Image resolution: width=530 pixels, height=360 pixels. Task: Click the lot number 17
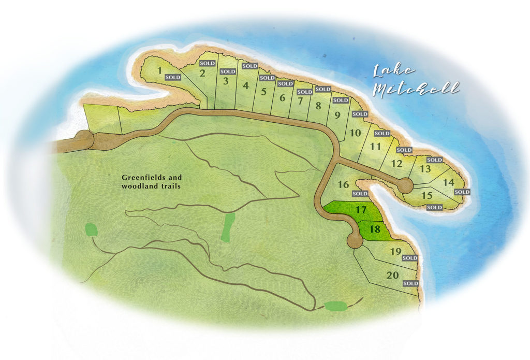[361, 210]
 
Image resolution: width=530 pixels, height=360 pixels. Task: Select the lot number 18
[375, 229]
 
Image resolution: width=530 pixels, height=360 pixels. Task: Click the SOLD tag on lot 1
[172, 77]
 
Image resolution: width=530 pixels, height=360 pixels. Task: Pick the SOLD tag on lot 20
[410, 283]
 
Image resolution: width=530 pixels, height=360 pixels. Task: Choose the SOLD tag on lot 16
[360, 194]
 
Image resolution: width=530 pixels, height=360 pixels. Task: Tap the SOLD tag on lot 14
[462, 192]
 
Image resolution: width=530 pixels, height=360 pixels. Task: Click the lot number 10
[355, 133]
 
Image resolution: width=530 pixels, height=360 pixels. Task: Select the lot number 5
[263, 92]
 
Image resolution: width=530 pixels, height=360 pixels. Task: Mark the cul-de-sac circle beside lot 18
[355, 240]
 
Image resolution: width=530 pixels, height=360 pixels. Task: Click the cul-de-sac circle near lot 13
[405, 185]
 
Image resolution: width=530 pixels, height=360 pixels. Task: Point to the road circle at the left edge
[83, 140]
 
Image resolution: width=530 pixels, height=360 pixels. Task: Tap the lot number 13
[425, 169]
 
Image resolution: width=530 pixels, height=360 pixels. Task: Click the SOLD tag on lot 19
[410, 258]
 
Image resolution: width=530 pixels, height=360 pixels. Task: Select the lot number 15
[427, 195]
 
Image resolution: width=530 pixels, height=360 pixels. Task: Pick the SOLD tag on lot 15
[434, 207]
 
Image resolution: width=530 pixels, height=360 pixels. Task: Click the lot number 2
[203, 73]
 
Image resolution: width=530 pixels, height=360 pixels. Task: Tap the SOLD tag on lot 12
[404, 150]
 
